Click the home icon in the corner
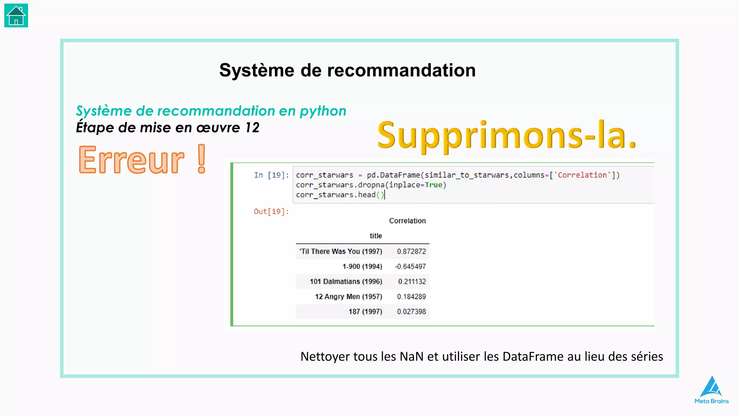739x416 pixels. point(16,16)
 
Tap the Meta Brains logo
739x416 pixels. point(712,390)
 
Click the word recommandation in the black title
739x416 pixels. point(401,70)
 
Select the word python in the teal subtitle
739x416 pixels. point(323,111)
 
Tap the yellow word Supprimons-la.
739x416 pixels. point(507,135)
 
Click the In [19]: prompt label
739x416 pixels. point(271,175)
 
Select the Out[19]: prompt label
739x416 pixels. point(271,212)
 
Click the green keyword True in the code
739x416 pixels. point(433,185)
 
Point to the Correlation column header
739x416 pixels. point(407,221)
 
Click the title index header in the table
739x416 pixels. point(376,236)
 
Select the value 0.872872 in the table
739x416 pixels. point(411,251)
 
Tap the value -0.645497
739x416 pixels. point(410,266)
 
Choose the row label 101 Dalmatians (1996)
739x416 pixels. point(346,282)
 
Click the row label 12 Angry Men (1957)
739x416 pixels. point(348,296)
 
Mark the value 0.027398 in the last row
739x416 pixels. point(411,312)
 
